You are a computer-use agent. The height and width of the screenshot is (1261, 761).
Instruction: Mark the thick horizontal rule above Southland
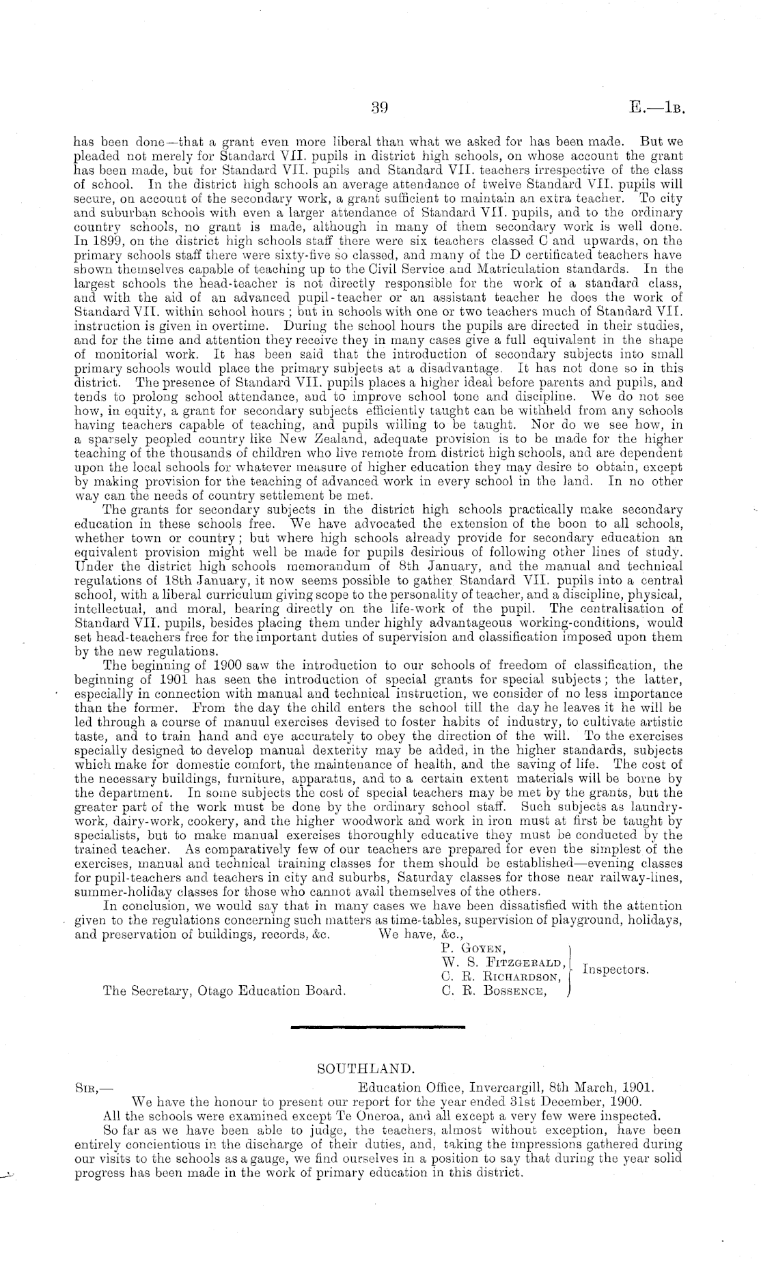(x=378, y=1026)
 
